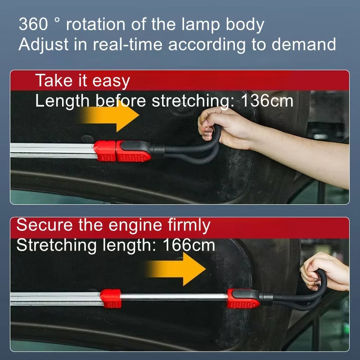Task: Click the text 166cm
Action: pos(189,245)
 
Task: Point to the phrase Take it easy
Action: pos(82,81)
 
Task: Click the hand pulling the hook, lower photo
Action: pos(326,270)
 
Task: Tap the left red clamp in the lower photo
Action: pos(111,298)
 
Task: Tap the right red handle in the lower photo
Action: pos(243,298)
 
